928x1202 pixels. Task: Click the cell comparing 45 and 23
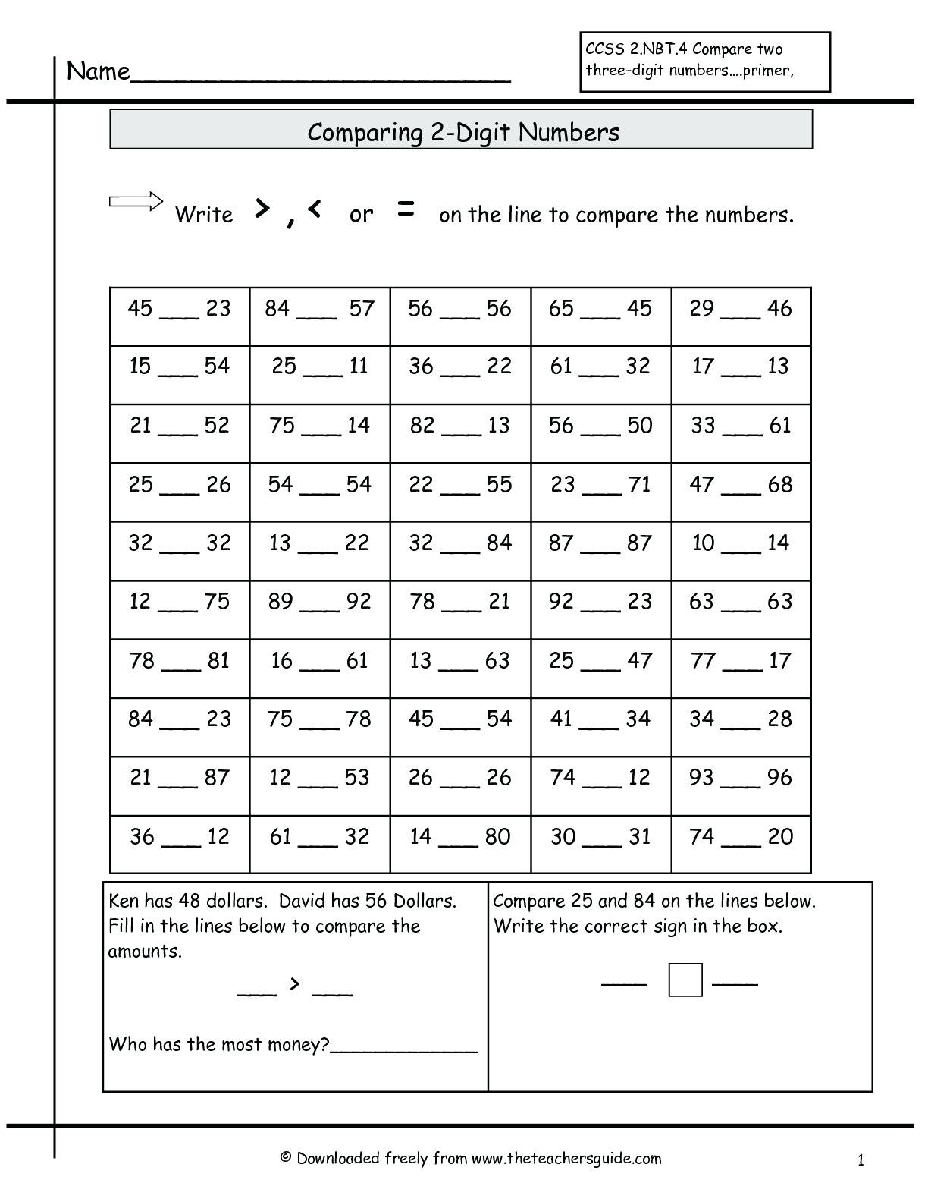coord(180,316)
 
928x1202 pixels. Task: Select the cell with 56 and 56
coord(460,316)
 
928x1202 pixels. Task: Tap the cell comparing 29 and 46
coord(741,316)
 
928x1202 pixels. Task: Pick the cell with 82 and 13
coord(460,433)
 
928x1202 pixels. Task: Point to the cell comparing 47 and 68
coord(741,492)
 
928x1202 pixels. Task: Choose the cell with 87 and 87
coord(600,550)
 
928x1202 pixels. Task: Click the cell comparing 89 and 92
coord(320,609)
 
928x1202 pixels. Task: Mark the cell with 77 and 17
coord(741,668)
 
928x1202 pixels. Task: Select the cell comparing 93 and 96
coord(741,785)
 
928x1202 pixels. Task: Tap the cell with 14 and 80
coord(460,844)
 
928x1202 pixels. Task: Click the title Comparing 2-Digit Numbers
coord(462,132)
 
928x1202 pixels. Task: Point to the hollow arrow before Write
coord(136,201)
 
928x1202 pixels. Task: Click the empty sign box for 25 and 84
coord(685,980)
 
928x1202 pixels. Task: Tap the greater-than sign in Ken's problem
coord(295,984)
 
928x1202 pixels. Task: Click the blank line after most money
coord(404,1047)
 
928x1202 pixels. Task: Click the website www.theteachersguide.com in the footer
coord(566,1158)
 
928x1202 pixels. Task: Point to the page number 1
coord(861,1160)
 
